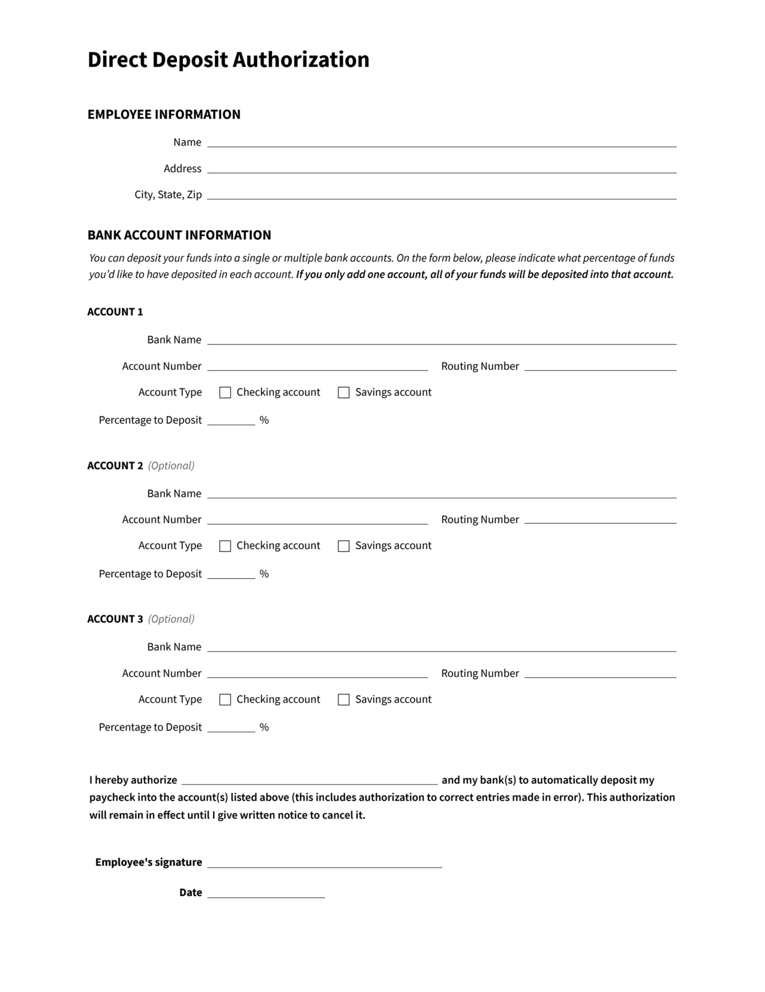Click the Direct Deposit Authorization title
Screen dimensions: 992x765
point(229,60)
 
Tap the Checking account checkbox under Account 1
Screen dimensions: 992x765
point(225,393)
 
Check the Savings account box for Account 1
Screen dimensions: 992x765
point(344,393)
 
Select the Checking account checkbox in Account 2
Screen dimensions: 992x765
point(225,546)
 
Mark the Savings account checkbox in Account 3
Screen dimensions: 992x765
point(344,699)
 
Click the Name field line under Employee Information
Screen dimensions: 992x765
point(441,143)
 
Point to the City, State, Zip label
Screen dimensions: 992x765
point(168,195)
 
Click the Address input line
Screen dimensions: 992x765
point(441,169)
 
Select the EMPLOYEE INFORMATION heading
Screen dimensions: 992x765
point(164,114)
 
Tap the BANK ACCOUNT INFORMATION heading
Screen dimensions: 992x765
point(179,235)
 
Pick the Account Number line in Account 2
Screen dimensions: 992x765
point(317,520)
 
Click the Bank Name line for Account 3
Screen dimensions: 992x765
point(441,647)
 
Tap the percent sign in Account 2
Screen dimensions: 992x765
point(264,574)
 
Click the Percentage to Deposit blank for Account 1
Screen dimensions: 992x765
point(231,420)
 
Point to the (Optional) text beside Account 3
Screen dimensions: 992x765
point(171,619)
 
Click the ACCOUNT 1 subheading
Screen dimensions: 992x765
point(115,312)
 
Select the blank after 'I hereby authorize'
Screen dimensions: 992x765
point(309,780)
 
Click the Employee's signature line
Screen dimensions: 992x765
point(324,863)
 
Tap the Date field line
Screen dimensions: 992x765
point(266,893)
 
